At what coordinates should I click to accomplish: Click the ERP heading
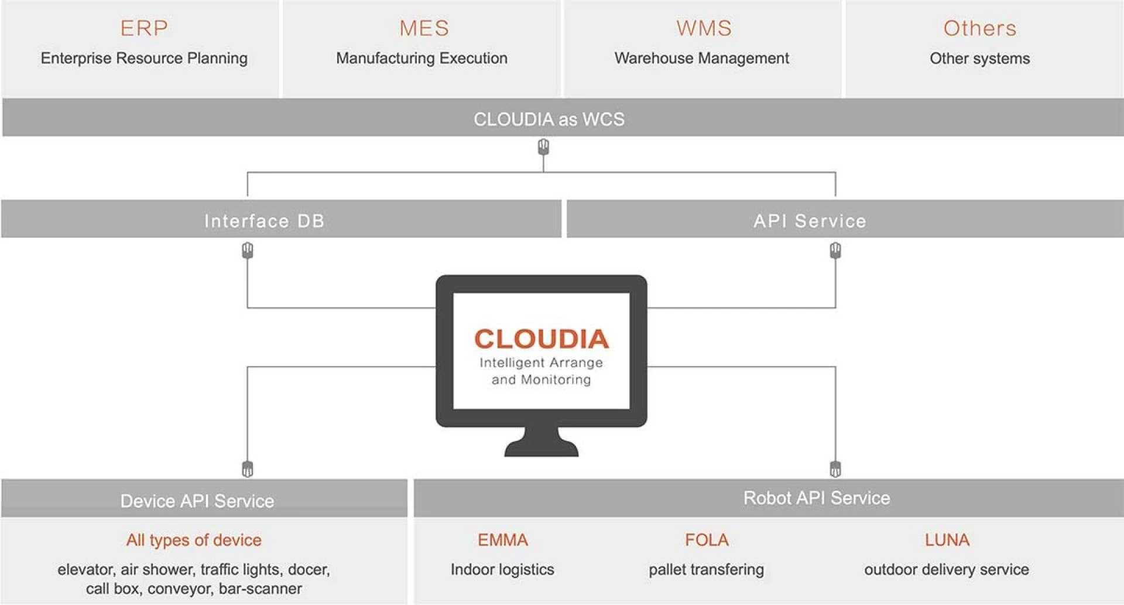(x=144, y=28)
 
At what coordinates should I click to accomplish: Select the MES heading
(x=424, y=28)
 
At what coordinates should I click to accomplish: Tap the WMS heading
(x=704, y=28)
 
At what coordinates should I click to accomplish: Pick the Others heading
(x=979, y=28)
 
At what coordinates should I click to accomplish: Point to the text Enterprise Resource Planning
(x=144, y=58)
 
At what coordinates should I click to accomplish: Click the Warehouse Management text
(x=701, y=58)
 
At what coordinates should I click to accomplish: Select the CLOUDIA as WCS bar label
(x=549, y=119)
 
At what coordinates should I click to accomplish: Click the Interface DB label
(x=264, y=221)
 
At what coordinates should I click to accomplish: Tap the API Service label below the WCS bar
(x=810, y=221)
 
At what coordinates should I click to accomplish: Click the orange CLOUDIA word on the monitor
(x=542, y=339)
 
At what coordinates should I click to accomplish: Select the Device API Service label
(x=197, y=501)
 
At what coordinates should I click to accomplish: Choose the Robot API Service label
(x=816, y=498)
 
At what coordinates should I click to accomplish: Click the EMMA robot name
(x=502, y=539)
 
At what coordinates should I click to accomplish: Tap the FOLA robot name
(x=707, y=539)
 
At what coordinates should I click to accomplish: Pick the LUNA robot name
(x=947, y=539)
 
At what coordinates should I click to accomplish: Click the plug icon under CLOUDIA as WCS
(x=543, y=146)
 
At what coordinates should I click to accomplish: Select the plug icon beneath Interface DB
(x=248, y=251)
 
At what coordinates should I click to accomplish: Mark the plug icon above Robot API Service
(x=835, y=469)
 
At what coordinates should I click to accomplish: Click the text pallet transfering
(x=706, y=569)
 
